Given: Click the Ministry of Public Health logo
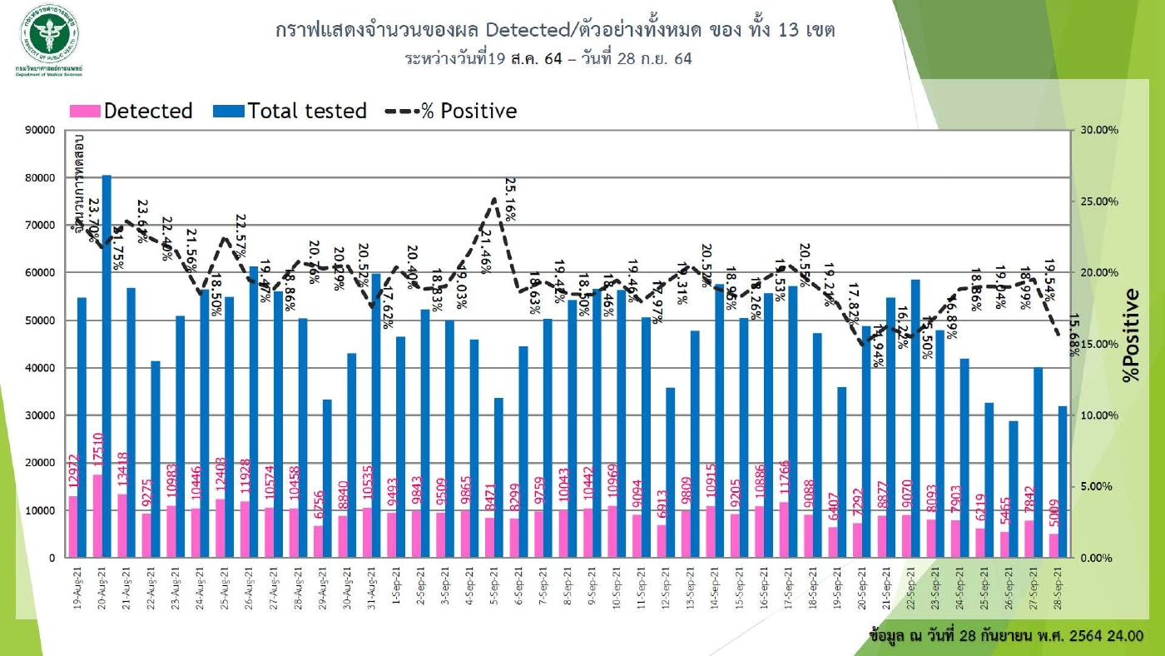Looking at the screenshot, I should click(49, 35).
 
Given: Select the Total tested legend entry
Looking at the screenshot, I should click(290, 111).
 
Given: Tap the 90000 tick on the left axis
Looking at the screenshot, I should click(37, 131).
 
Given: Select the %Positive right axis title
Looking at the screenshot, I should click(1129, 335).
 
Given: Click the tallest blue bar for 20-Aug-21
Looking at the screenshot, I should click(107, 366).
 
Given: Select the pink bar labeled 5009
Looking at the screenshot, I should click(1053, 545).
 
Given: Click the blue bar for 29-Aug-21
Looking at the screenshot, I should click(327, 478).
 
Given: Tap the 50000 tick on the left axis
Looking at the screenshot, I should click(37, 321).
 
